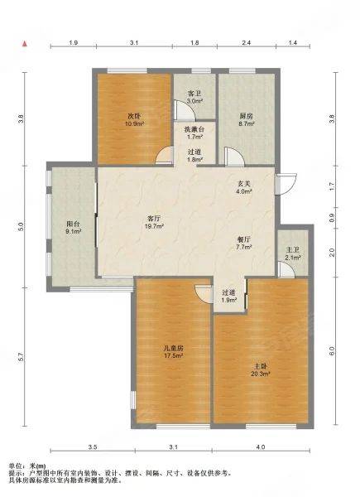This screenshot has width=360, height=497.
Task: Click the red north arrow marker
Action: [x=24, y=43]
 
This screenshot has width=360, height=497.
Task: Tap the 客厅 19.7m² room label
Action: [x=152, y=222]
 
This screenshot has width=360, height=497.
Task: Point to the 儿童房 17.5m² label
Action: [x=174, y=352]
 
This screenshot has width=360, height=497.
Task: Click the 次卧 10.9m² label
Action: [x=134, y=119]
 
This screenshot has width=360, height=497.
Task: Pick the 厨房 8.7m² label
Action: [x=246, y=120]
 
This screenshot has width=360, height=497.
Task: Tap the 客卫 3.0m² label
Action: [x=194, y=97]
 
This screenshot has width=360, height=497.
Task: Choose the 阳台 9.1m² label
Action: [x=74, y=227]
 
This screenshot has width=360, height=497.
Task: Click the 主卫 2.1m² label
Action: [x=292, y=254]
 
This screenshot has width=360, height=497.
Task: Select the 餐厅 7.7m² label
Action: [x=243, y=243]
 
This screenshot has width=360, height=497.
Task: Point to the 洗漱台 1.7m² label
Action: [x=194, y=133]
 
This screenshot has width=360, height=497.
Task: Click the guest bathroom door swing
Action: [x=184, y=110]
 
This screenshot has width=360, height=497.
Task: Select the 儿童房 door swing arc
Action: [x=203, y=293]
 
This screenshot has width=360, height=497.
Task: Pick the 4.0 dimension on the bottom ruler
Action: [x=260, y=447]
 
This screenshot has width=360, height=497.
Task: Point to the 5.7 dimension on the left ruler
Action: [x=21, y=357]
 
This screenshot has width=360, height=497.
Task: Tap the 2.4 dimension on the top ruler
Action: [x=247, y=42]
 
